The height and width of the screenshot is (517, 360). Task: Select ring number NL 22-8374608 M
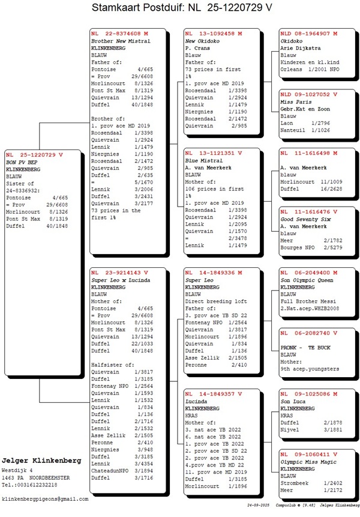tap(120, 34)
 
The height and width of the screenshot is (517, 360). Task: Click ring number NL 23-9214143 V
tap(119, 273)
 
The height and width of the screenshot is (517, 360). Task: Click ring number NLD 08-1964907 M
tap(308, 34)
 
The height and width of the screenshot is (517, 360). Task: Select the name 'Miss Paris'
tap(295, 101)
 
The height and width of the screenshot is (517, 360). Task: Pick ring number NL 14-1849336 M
tap(213, 273)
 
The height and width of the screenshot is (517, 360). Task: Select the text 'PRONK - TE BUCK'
tap(305, 348)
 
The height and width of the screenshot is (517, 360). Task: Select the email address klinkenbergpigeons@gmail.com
tap(45, 499)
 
